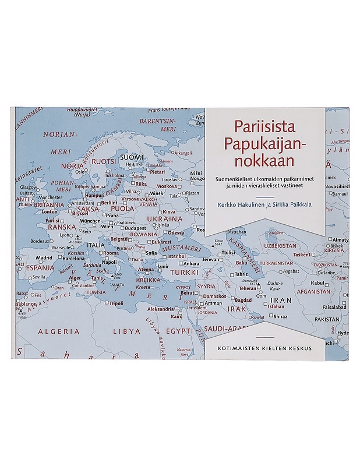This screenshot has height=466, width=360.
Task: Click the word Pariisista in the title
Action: [264, 126]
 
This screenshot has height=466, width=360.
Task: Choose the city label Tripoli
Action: [117, 303]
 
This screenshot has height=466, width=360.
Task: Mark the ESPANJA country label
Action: [40, 267]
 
